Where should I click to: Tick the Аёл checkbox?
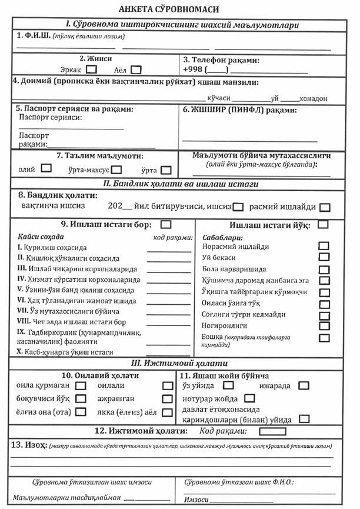tap(136, 69)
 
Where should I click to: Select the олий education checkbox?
tap(46, 168)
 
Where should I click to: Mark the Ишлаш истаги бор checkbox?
tap(166, 224)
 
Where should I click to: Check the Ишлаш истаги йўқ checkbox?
tap(323, 224)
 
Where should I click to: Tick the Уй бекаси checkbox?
tap(324, 257)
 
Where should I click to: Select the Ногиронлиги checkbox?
tap(324, 325)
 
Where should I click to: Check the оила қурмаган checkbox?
tap(81, 386)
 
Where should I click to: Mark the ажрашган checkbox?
tap(166, 399)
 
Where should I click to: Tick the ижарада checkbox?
tap(304, 386)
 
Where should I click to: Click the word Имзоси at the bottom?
tap(196, 500)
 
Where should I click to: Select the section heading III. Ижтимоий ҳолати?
tap(179, 363)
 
